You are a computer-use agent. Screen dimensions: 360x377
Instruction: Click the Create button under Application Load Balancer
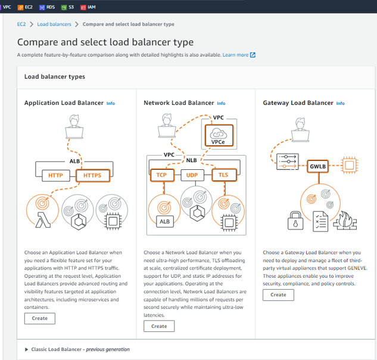tap(40, 318)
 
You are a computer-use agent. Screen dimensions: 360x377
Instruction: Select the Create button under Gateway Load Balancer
tap(278, 294)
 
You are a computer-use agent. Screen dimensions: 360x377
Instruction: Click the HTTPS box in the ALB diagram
tap(92, 175)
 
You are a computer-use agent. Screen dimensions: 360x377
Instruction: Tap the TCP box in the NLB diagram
tap(161, 175)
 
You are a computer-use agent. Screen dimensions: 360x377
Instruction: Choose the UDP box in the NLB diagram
tap(192, 175)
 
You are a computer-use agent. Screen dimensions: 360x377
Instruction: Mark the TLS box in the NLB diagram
tap(223, 175)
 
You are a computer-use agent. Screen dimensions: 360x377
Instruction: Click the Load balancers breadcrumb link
tap(54, 24)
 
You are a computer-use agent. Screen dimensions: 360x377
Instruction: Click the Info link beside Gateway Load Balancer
tap(340, 103)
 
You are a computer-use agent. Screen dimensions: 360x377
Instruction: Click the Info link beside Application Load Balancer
tap(111, 103)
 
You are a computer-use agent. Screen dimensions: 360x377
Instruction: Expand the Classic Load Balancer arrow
tap(27, 349)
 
